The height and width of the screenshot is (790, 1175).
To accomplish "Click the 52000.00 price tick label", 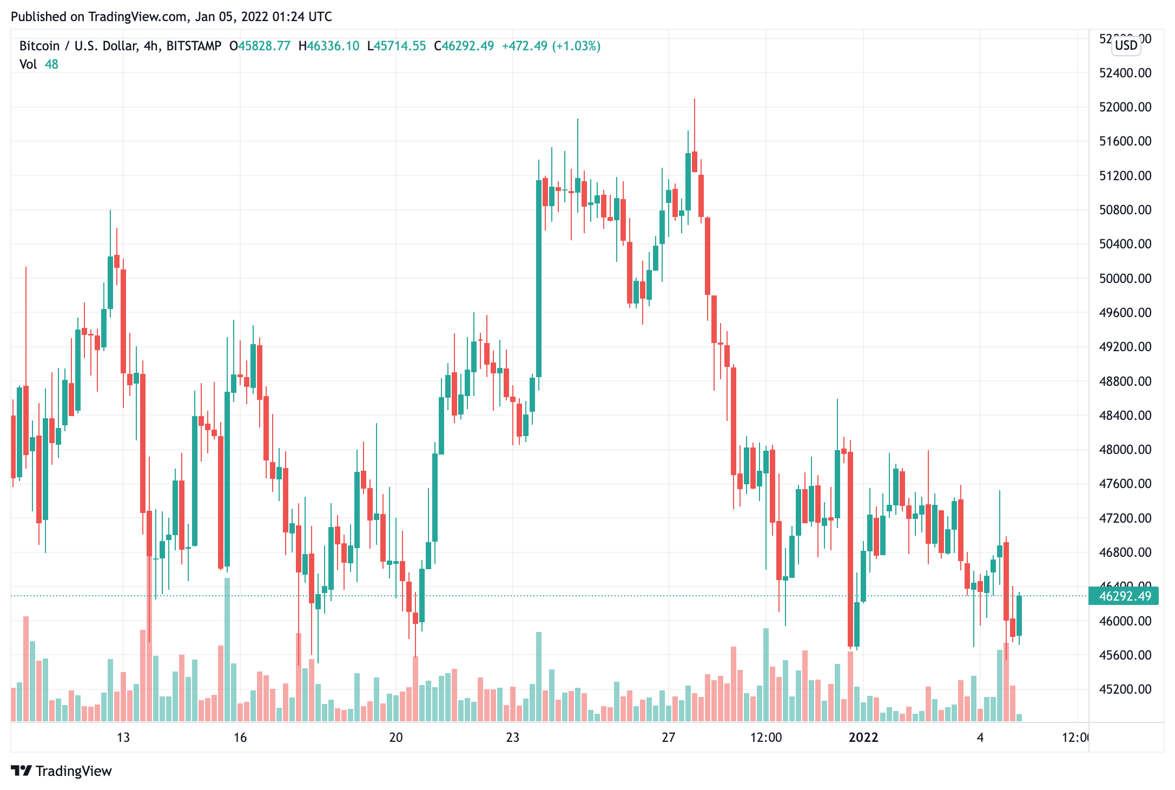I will point(1125,107).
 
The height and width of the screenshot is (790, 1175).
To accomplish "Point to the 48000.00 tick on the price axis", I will point(1125,450).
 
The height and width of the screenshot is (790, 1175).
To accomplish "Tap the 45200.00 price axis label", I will point(1125,689).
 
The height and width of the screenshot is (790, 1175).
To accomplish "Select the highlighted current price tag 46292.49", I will point(1125,596).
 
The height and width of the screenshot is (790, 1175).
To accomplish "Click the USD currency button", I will point(1126,45).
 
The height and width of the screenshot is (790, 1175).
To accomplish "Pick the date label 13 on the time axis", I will point(123,738).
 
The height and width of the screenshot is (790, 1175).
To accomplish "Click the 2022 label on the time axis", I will point(863,738).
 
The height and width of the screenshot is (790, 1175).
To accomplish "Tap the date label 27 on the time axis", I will point(669,738).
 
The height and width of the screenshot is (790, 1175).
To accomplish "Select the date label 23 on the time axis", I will point(512,738).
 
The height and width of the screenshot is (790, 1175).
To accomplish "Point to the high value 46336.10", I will point(333,46).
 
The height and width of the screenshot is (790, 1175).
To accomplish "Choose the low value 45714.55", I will point(400,46).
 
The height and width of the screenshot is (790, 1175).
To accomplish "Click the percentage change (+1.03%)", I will point(576,46).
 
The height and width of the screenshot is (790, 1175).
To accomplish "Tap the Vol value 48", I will point(51,64).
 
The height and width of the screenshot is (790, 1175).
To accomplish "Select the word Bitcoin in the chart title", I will point(39,46).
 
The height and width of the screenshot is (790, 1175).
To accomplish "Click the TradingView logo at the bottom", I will point(61,771).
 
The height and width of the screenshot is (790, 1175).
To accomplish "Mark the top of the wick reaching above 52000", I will point(695,100).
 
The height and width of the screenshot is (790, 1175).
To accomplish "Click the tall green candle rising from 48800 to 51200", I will point(539,279).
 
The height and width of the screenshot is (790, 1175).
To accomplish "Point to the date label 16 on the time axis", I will point(240,738).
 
